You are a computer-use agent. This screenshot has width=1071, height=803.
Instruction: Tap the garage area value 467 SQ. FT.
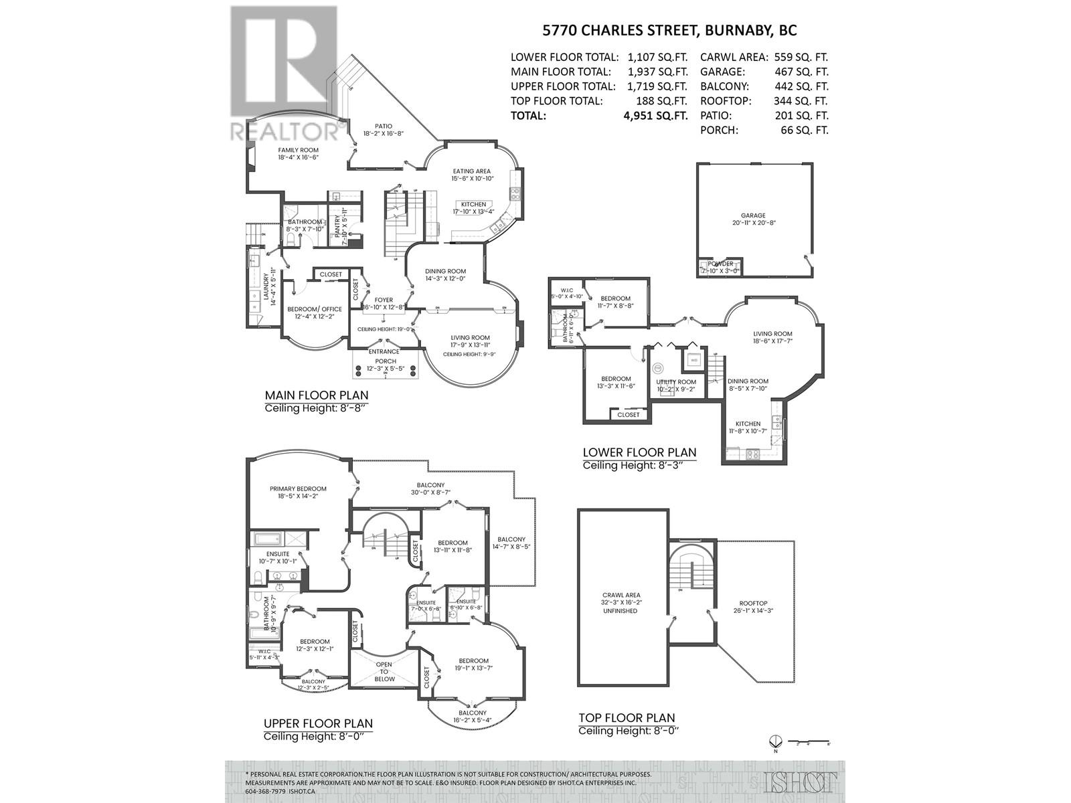(801, 72)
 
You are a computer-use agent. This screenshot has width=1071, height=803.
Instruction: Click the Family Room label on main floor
(299, 150)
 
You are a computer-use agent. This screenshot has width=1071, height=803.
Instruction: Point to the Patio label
(383, 126)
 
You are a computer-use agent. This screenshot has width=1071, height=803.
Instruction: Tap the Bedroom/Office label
(315, 309)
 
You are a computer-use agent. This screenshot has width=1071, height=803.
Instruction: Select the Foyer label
(384, 300)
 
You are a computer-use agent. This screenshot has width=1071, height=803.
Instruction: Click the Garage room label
(753, 215)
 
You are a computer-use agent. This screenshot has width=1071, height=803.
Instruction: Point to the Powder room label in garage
(720, 264)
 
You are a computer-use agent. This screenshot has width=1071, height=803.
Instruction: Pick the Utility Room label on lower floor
(676, 382)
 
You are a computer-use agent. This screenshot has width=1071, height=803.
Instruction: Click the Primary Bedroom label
(298, 488)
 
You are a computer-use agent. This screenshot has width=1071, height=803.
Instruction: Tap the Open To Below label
(385, 671)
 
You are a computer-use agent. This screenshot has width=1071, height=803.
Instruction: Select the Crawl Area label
(621, 595)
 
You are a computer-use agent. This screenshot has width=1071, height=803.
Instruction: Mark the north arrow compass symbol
(776, 741)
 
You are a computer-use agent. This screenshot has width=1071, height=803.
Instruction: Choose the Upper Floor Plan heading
(318, 723)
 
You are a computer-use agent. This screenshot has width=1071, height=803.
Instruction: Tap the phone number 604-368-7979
(266, 790)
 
